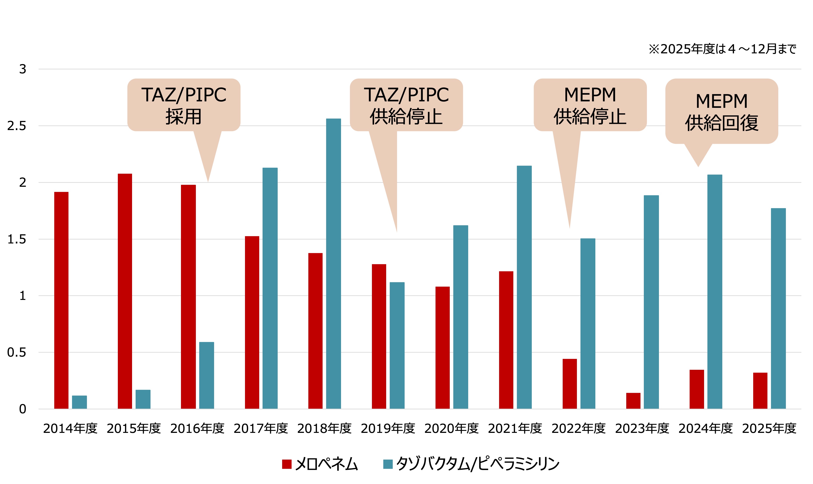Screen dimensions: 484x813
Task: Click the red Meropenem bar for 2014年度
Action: (61, 300)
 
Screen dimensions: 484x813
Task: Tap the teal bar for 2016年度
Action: (207, 375)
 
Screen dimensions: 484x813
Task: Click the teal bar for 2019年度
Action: (397, 345)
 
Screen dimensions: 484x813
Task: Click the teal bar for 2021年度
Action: (524, 287)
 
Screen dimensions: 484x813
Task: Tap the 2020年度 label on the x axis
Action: (451, 428)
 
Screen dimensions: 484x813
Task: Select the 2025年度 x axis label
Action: (769, 428)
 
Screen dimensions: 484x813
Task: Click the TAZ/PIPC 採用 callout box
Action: (184, 105)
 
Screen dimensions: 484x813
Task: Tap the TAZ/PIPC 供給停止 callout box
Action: (406, 105)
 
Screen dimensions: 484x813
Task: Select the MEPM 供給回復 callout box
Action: (721, 111)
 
